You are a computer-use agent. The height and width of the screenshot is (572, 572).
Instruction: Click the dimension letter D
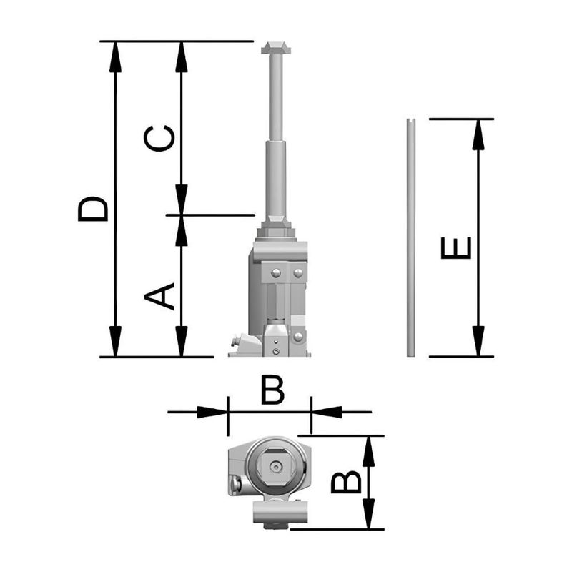[94, 207]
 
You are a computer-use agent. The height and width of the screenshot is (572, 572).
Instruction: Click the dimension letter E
[456, 247]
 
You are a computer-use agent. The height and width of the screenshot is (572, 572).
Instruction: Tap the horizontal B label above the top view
[272, 391]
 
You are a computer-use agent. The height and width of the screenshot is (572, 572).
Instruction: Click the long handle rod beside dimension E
[410, 236]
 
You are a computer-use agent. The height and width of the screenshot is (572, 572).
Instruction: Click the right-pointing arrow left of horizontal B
[212, 412]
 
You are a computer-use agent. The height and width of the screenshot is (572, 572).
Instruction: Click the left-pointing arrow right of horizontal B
[327, 412]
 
